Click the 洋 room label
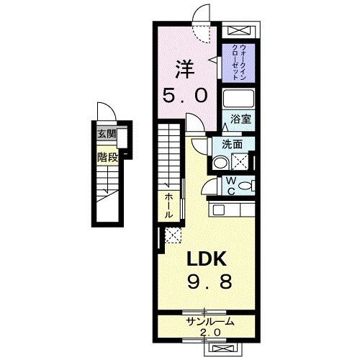click(x=186, y=69)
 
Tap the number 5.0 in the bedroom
click(x=186, y=95)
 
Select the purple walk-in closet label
click(x=235, y=63)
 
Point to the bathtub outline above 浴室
click(x=237, y=99)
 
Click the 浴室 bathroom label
click(x=240, y=120)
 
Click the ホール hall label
click(x=168, y=205)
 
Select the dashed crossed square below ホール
click(x=172, y=235)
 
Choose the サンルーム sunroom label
click(x=210, y=322)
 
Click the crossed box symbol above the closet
click(x=238, y=32)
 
